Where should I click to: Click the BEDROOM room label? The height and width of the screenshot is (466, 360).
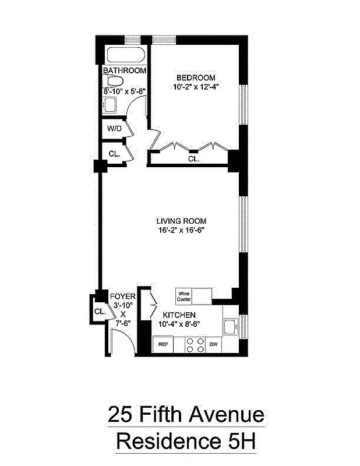coord(196,77)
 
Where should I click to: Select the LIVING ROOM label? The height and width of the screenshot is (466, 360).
coord(181,221)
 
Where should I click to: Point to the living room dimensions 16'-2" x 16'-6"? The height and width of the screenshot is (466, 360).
coord(181,230)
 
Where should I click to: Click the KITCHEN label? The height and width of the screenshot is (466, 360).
coord(178,315)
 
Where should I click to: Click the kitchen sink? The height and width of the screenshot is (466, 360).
coord(230,327)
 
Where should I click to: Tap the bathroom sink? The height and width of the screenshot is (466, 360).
coord(110,105)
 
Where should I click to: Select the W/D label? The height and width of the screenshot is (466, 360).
coord(114,129)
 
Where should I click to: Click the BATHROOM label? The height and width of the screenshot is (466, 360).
coord(125,70)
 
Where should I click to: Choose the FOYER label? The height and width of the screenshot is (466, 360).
coord(123,296)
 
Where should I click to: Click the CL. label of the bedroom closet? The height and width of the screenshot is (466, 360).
coord(193,158)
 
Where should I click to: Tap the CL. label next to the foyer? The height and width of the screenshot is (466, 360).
coord(100,312)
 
